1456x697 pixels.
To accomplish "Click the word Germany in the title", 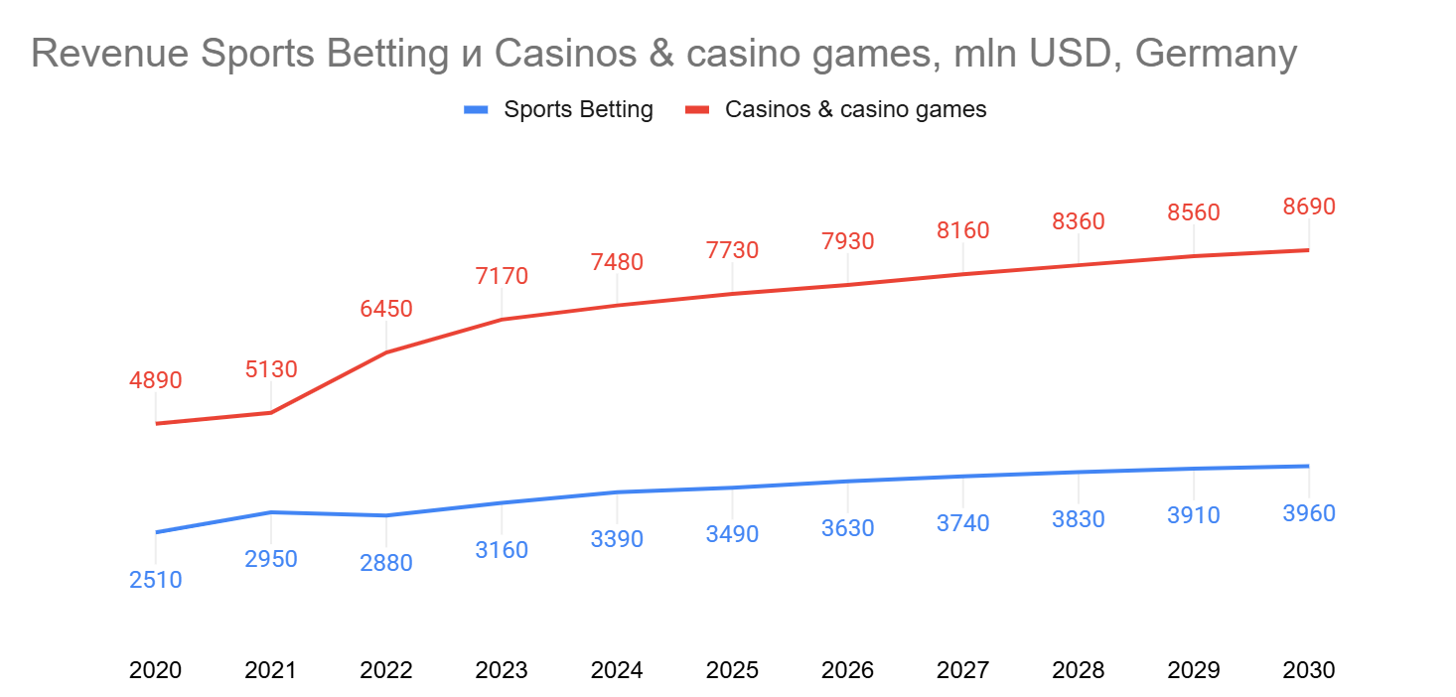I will (x=1215, y=55).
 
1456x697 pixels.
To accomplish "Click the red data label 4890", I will (x=156, y=380).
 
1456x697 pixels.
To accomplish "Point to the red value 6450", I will (x=386, y=309).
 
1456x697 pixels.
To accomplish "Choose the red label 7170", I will (x=502, y=276).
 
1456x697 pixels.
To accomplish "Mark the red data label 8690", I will (x=1308, y=207).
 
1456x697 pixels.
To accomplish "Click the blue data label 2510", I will (x=156, y=580).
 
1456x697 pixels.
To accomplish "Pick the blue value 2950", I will (x=271, y=559).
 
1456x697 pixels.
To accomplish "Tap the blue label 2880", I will (x=386, y=563).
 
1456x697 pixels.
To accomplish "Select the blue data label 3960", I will (x=1308, y=513).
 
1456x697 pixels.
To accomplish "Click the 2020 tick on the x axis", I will (x=156, y=670).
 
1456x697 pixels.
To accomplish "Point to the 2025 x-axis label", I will (x=732, y=670).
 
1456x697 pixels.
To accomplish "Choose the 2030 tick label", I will (x=1308, y=670).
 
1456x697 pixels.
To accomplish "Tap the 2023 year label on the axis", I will (x=502, y=670).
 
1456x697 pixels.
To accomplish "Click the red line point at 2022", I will (x=386, y=352).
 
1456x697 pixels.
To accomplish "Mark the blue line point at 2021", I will (x=271, y=512).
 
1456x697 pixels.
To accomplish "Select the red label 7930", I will (x=847, y=241).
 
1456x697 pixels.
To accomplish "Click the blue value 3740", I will (x=962, y=523).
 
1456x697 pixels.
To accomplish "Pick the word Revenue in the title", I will (x=109, y=55).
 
